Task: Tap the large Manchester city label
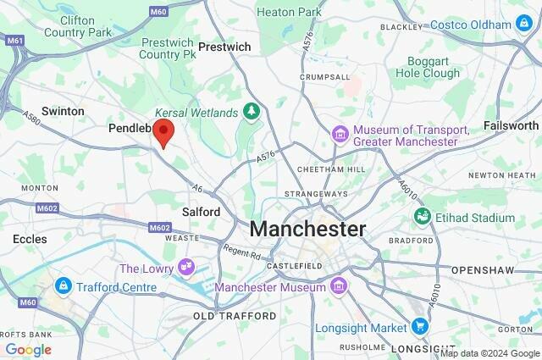tap(307, 229)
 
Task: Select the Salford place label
tap(201, 212)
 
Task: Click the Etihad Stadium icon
tap(421, 218)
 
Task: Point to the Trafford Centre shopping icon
tap(63, 286)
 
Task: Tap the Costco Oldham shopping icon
tap(524, 24)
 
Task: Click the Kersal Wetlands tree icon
tap(252, 112)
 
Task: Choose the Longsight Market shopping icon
tap(420, 327)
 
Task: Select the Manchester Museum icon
tap(339, 287)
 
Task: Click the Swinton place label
tap(63, 111)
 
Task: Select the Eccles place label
tap(30, 240)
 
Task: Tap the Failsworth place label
tap(511, 125)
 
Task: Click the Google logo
tap(29, 350)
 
